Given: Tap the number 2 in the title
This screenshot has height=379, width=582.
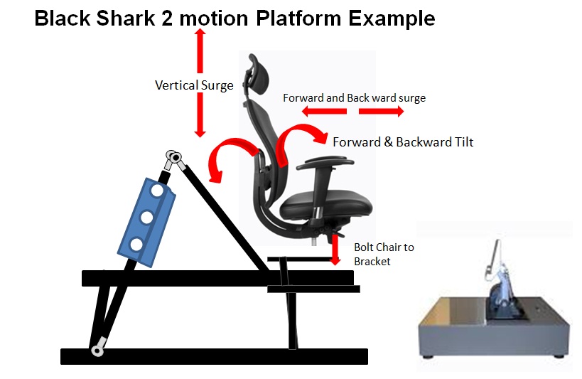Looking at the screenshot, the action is [167, 18].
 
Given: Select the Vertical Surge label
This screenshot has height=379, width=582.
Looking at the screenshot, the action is [194, 85].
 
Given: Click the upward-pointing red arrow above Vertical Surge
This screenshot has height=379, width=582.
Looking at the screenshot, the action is [200, 51].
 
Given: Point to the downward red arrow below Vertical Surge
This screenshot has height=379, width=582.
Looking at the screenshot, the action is [200, 115].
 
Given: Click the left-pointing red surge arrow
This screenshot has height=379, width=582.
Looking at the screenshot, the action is [324, 111].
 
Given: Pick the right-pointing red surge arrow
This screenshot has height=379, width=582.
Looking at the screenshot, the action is [381, 111].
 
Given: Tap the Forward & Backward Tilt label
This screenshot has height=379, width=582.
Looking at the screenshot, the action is [403, 142].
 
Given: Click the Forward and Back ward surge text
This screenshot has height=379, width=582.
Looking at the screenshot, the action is [354, 98].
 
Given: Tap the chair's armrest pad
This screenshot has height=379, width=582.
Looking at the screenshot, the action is [325, 163].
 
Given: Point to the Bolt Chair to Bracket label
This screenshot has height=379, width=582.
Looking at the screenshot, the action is [384, 255].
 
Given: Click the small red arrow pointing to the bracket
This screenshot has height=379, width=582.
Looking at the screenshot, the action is [335, 250].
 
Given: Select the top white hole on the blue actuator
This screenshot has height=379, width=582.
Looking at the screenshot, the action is [156, 191].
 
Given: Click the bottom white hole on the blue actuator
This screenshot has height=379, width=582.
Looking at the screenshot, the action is [136, 245].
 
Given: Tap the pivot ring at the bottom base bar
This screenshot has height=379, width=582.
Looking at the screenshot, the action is [97, 351].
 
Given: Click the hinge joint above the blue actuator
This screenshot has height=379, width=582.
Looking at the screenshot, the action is [173, 158].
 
